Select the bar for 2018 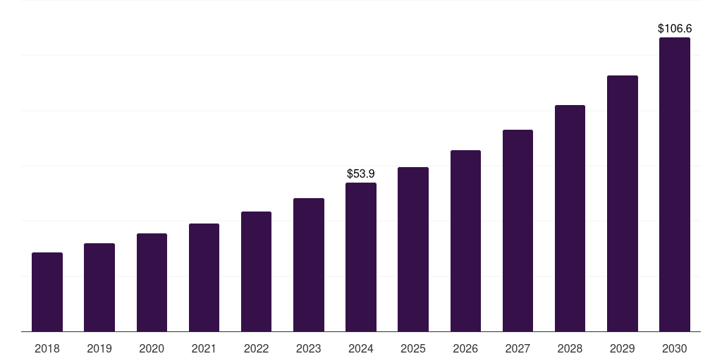(47, 292)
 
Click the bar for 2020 (152, 282)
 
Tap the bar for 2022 (256, 271)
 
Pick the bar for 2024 (361, 257)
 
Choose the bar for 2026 (465, 240)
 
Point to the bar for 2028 (570, 218)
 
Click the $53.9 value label (361, 173)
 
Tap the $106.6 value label (675, 29)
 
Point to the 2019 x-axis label (99, 348)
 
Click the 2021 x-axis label (204, 348)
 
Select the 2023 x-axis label (309, 348)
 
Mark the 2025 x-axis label (413, 348)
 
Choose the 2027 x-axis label (518, 348)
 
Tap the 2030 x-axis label (675, 348)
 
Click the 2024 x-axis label (361, 348)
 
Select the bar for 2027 (518, 231)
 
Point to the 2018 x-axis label (47, 348)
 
